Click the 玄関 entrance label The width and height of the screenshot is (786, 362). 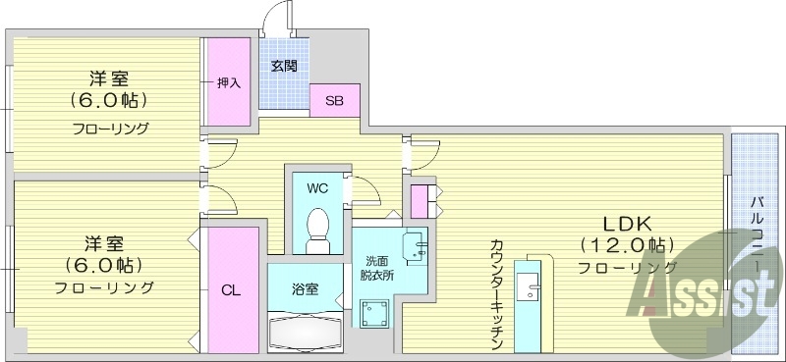(x=284, y=67)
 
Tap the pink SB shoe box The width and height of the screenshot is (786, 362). (x=334, y=99)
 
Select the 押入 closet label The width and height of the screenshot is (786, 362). (x=229, y=83)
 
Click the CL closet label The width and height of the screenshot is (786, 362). (x=230, y=290)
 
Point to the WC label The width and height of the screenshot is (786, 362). (x=316, y=187)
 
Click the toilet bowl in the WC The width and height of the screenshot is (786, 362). (x=316, y=226)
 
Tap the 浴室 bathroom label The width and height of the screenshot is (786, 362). (x=305, y=289)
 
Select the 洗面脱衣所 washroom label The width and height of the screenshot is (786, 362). (x=378, y=269)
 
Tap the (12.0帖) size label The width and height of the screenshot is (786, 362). (x=626, y=244)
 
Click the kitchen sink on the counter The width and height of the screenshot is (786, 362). (x=531, y=290)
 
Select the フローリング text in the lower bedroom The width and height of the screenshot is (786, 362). (x=104, y=287)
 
